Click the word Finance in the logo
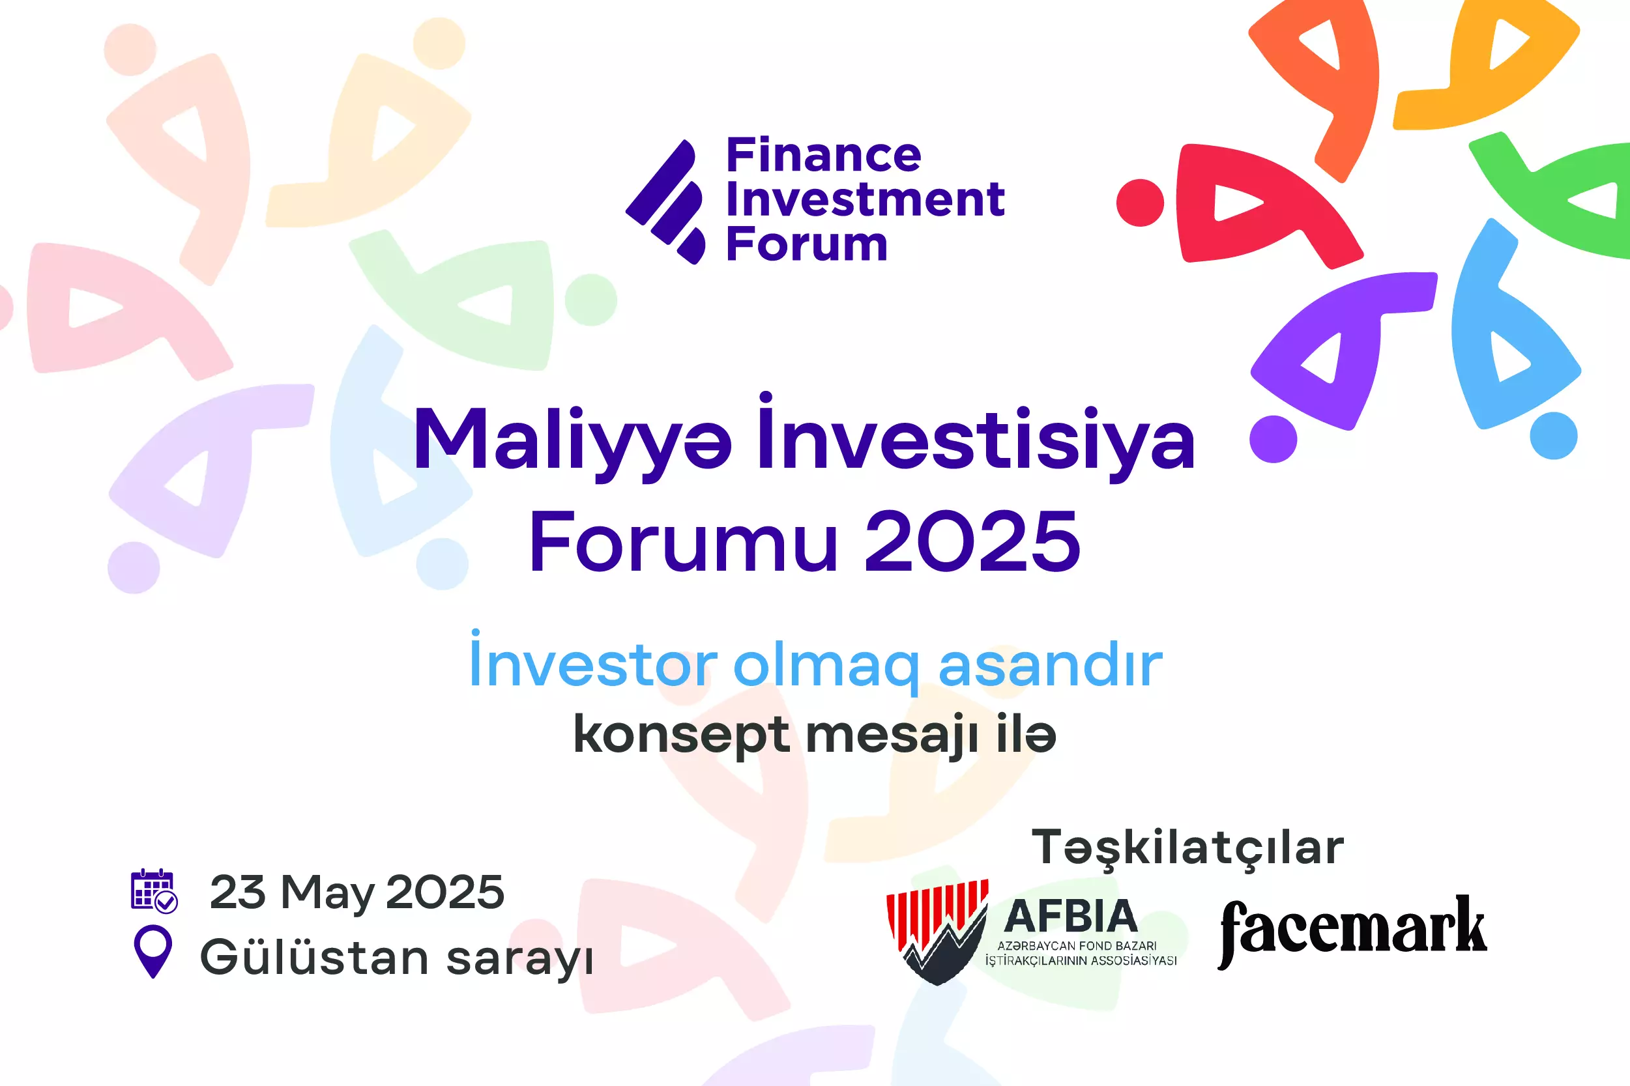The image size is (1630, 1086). [823, 155]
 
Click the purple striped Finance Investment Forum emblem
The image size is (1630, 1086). [665, 201]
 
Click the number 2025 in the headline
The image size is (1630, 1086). [972, 541]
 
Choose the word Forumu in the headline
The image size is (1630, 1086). [683, 541]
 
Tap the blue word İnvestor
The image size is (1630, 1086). [592, 663]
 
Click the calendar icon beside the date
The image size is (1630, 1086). [154, 891]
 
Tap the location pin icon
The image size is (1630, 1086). [153, 951]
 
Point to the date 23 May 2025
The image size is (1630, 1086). [357, 892]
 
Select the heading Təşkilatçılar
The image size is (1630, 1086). [1187, 847]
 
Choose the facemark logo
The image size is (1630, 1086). [1352, 929]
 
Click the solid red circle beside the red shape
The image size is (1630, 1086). [1139, 202]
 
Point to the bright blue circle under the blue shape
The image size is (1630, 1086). [1553, 436]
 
